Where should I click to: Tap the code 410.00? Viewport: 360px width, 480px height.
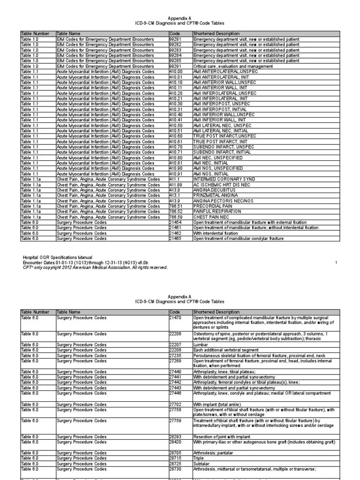click(x=175, y=72)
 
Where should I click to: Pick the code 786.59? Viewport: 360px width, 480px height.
click(x=175, y=217)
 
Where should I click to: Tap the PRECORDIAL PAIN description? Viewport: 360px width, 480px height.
click(x=212, y=206)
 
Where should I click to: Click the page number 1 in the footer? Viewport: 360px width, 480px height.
click(x=337, y=262)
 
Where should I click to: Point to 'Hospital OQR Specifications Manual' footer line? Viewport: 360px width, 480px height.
click(x=58, y=257)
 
